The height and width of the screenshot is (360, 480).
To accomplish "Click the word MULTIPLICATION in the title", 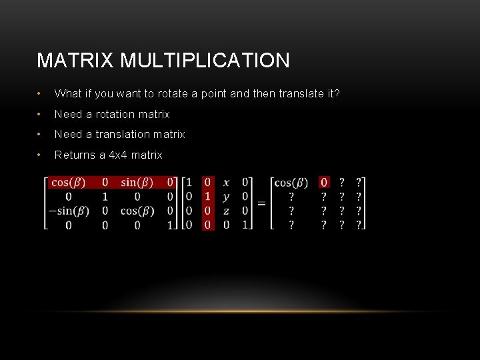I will coord(205,61).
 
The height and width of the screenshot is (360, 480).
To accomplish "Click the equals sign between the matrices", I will coord(262,203).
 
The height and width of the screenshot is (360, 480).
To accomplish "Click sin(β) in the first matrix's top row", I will coord(137,183).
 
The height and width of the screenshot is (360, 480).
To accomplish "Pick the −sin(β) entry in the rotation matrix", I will coord(69,211).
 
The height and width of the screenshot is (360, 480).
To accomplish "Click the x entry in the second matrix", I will coord(227,183).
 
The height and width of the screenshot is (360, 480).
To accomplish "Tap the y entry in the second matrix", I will coord(227,197).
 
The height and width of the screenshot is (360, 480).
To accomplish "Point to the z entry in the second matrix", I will coord(227,211).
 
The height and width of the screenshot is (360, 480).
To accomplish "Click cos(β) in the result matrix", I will coord(291,183).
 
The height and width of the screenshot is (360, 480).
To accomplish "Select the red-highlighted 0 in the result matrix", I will coord(324,183).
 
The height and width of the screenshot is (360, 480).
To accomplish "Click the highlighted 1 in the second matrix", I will coord(208,197).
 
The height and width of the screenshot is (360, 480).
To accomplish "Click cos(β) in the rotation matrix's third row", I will coord(137,211).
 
